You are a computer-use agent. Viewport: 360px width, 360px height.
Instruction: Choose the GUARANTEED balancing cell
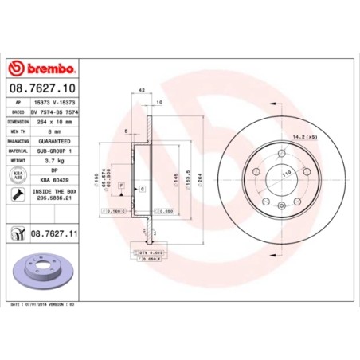60,141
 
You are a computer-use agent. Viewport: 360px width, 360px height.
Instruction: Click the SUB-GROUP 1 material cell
60,151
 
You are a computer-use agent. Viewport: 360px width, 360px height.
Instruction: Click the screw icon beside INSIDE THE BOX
17,194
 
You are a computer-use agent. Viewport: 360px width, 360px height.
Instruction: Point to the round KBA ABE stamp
17,174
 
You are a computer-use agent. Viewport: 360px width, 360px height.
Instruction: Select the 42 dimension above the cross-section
140,92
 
